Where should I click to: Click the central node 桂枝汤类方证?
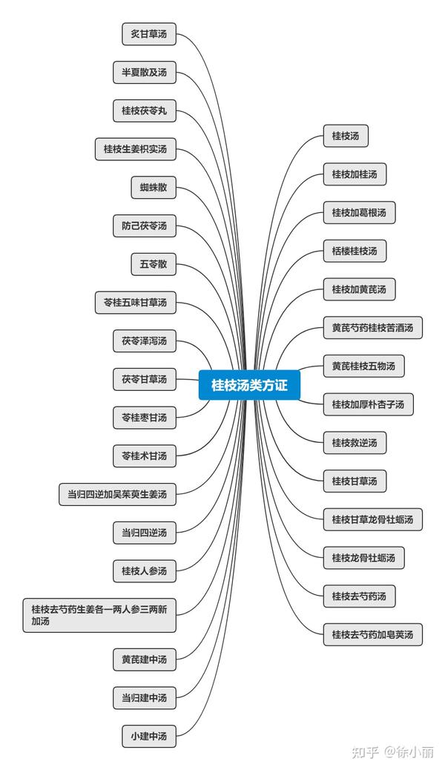coord(248,385)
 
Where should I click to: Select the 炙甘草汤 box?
coord(149,33)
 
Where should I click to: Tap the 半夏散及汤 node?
coord(145,72)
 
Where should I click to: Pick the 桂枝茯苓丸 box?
coord(145,111)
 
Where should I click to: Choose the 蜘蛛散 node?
coord(154,187)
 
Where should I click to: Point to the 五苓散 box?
coord(154,264)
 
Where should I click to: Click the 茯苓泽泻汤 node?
coord(145,341)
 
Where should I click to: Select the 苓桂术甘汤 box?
coord(145,455)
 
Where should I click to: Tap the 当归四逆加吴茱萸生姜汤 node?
coord(118,494)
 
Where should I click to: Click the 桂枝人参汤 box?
coord(145,570)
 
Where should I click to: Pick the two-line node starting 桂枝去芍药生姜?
coord(99,615)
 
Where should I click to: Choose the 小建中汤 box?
coord(149,737)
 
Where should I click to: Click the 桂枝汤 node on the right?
coord(346,136)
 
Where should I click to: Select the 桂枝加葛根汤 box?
coord(359,213)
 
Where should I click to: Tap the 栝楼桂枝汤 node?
coord(355,251)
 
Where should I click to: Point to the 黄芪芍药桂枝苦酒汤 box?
coord(372,327)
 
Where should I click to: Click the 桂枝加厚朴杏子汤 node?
coord(368,404)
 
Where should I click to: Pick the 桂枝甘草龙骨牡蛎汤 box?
coord(372,519)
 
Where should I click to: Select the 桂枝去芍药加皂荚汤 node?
coord(372,634)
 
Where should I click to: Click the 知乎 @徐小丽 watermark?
coord(392,751)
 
